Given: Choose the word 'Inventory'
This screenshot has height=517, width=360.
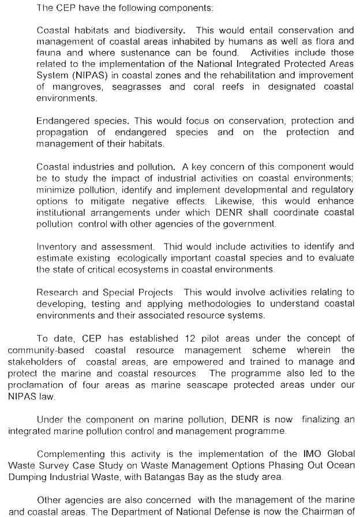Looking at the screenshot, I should pos(58,246).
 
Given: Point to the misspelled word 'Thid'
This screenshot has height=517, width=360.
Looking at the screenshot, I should pos(174,246).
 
